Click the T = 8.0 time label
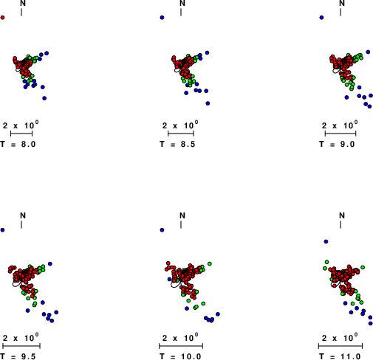coord(18,144)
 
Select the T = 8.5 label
coord(177,144)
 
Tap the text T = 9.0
coord(337,144)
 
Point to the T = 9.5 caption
coord(18,356)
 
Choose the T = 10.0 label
coord(180,356)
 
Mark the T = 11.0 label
coord(340,356)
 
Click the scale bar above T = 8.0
coord(21,134)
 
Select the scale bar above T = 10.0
coord(181,346)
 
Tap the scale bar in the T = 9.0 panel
coord(341,134)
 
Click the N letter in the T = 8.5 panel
coord(182,3)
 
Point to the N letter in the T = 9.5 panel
coord(23,215)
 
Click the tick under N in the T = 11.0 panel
coord(341,224)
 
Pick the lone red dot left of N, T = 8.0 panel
coord(2,18)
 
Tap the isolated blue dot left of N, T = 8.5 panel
coord(162,18)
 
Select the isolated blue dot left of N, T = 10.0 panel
coord(162,230)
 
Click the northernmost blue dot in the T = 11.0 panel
coord(326,241)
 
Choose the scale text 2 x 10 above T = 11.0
coord(340,338)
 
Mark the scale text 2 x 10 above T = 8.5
coord(180,125)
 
